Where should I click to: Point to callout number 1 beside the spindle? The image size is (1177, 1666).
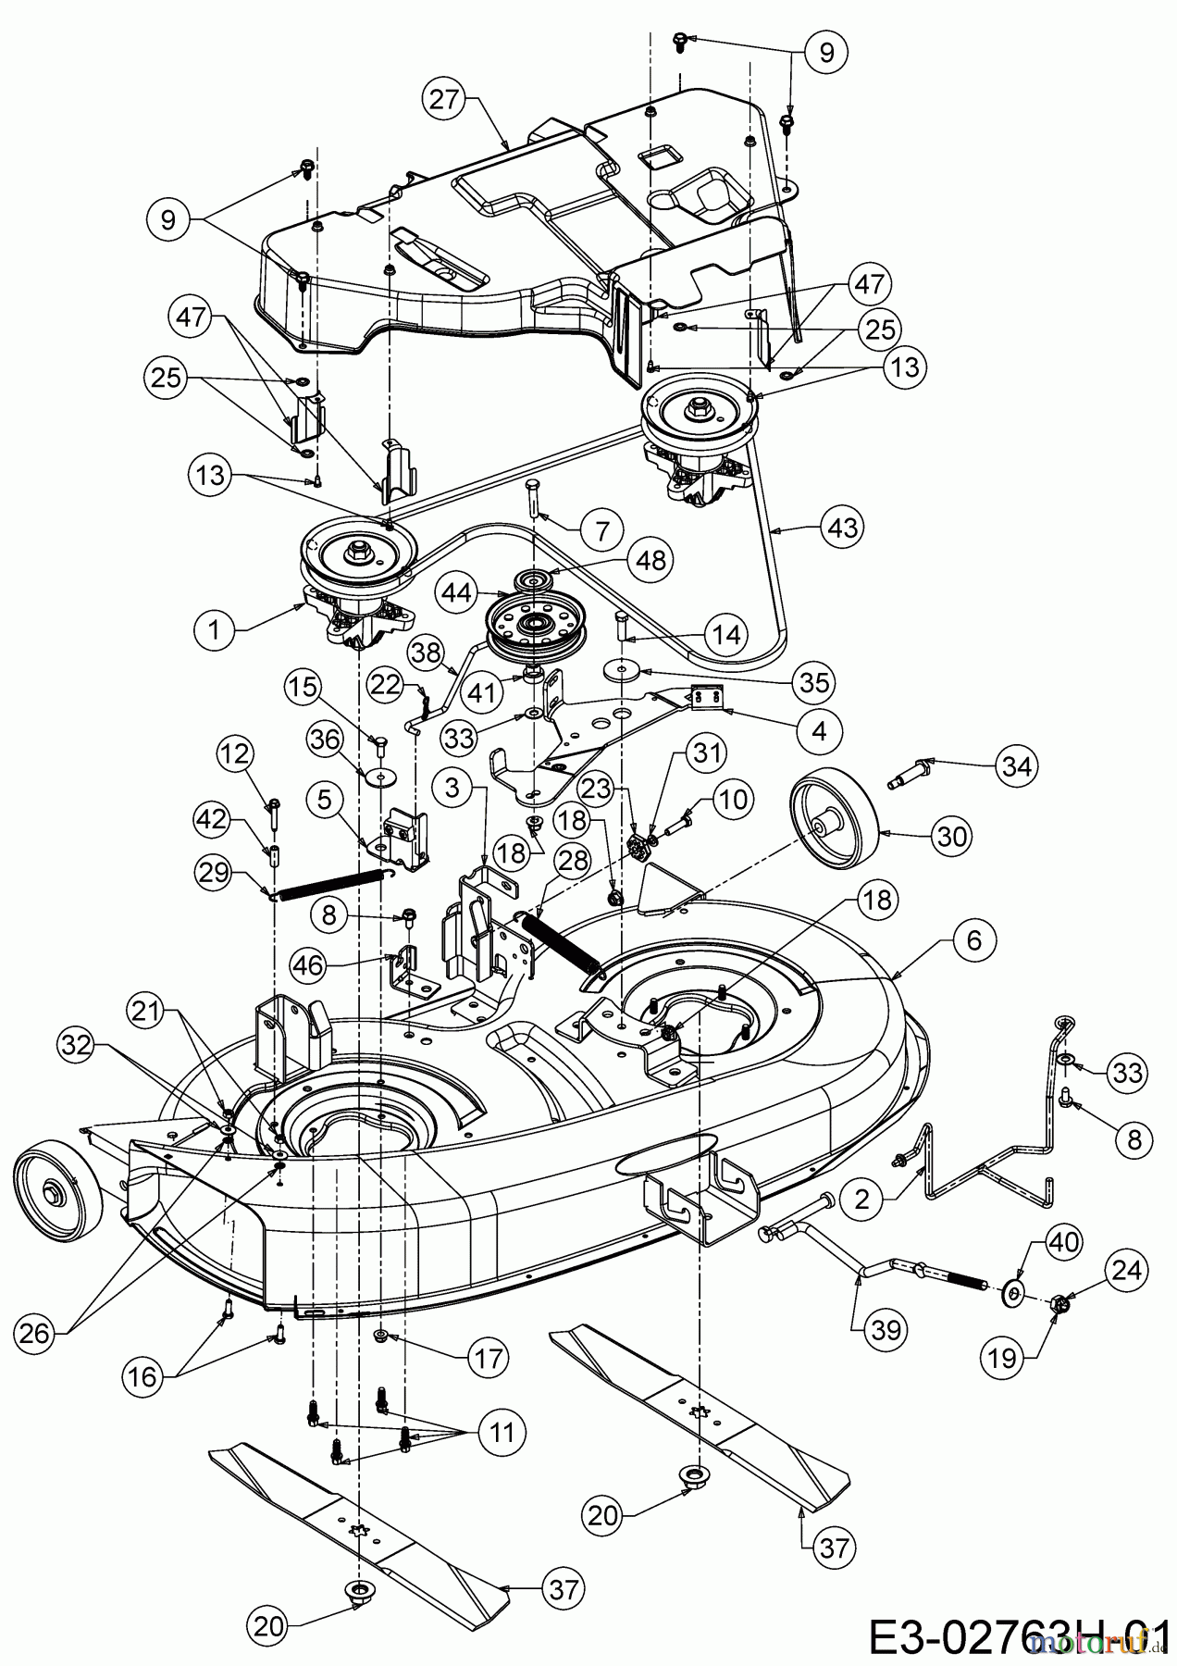click(215, 630)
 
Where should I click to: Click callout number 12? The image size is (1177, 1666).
click(235, 754)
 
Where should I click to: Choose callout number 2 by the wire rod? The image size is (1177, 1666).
click(861, 1200)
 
